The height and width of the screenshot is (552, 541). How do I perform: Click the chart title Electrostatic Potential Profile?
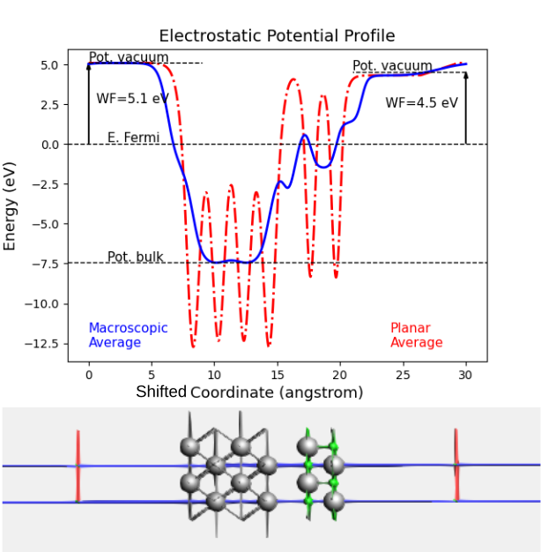(276, 36)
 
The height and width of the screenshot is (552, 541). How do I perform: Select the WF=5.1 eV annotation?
(132, 98)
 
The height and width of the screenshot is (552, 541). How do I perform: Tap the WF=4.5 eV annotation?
(421, 102)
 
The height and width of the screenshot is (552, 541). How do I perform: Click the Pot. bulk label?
(135, 257)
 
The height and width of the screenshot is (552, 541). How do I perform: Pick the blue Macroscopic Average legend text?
(128, 335)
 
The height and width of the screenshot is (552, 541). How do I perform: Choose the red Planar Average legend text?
(416, 335)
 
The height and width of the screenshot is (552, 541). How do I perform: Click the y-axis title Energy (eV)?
(11, 205)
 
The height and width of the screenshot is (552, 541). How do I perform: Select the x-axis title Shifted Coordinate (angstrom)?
(249, 392)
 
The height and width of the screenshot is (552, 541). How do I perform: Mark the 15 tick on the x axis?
(277, 374)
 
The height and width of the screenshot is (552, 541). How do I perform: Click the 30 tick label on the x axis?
(466, 374)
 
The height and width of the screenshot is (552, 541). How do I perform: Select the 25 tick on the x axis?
(403, 374)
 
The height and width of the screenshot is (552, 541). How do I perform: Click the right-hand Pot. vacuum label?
(392, 66)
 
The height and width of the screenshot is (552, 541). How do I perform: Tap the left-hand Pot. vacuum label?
(128, 58)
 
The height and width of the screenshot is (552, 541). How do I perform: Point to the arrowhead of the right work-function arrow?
(466, 75)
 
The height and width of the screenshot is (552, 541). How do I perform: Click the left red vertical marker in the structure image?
(78, 466)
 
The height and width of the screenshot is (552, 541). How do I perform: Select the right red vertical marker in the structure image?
(456, 466)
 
